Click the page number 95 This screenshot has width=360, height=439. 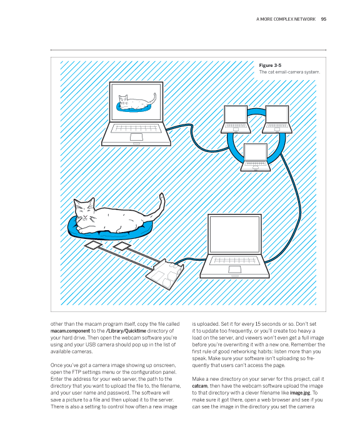[x=324, y=19]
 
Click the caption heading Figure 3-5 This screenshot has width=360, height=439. [x=270, y=65]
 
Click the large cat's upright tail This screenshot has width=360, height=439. [x=160, y=206]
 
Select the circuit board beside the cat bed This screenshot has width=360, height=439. [x=165, y=275]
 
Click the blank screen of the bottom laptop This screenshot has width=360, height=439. [x=234, y=235]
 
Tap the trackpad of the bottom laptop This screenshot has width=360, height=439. [x=234, y=270]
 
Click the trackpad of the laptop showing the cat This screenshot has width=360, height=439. [x=136, y=137]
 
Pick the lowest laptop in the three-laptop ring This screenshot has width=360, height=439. [x=256, y=157]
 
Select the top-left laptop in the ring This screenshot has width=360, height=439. [x=236, y=119]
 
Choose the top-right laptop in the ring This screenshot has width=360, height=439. [x=277, y=119]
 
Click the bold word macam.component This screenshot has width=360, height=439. [x=70, y=331]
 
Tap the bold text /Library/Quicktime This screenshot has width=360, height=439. [x=126, y=331]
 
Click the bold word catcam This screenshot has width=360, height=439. [x=200, y=386]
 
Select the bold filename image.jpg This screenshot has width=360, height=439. [x=300, y=393]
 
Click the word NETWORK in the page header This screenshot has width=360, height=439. [x=304, y=19]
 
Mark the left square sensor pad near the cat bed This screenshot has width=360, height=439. [x=93, y=246]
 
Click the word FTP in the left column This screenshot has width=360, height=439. [x=76, y=372]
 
